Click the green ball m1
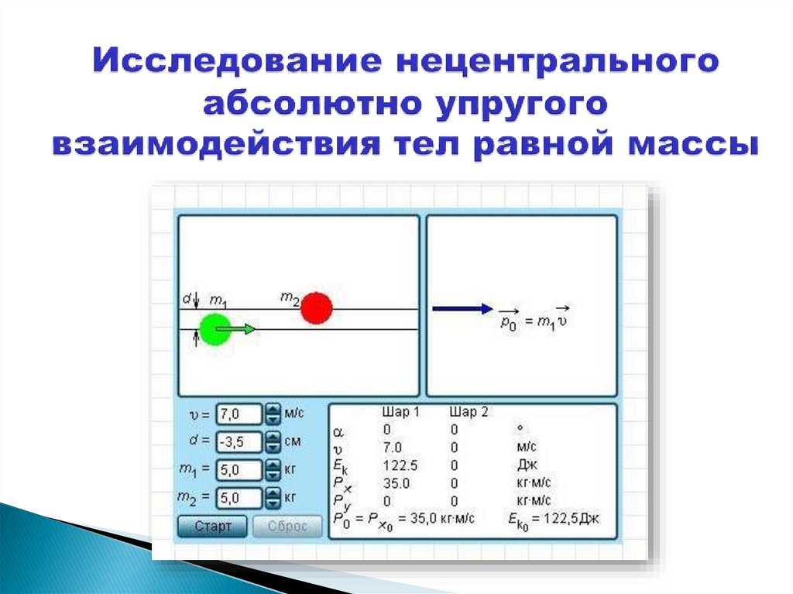pyautogui.click(x=215, y=329)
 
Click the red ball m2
pyautogui.click(x=316, y=307)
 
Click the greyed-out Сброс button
pyautogui.click(x=287, y=527)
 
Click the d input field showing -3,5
pyautogui.click(x=239, y=441)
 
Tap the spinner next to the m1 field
pyautogui.click(x=273, y=469)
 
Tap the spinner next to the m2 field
pyautogui.click(x=273, y=496)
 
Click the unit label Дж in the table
pyautogui.click(x=527, y=465)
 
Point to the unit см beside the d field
pyautogui.click(x=293, y=441)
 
